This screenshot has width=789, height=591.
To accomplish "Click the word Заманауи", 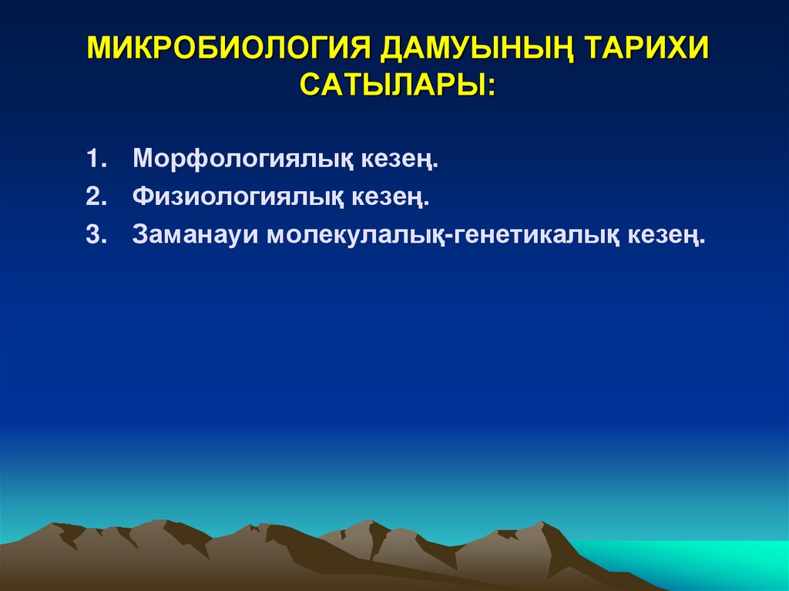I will pos(196,234).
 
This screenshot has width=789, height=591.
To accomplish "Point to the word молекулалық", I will pos(358,236).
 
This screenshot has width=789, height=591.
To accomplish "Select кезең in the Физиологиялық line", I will pos(391,198).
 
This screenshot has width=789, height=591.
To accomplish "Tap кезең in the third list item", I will pos(667,236).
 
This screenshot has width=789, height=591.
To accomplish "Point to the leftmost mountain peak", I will pos(56,527).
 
